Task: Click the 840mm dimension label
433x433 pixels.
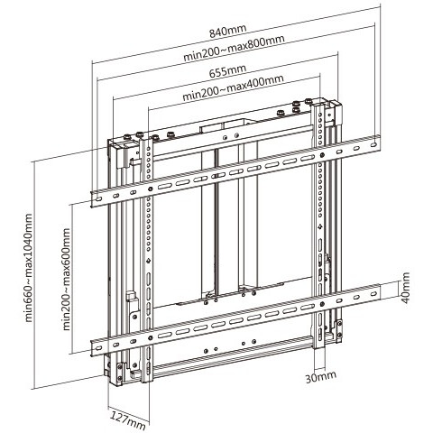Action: [x=228, y=31]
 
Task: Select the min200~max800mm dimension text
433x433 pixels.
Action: [x=234, y=48]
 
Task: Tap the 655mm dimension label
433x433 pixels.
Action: [x=227, y=71]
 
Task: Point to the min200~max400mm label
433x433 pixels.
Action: [x=233, y=88]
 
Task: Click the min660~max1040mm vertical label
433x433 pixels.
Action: [x=28, y=268]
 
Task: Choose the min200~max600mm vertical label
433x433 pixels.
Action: [x=66, y=279]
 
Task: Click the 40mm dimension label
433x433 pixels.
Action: [x=405, y=288]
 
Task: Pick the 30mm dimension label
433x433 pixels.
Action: [x=321, y=377]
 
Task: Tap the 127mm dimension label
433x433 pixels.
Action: [x=128, y=419]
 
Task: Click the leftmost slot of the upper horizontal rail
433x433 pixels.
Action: [x=98, y=198]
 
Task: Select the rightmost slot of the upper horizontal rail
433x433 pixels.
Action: [x=373, y=144]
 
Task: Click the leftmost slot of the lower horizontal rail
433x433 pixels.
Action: [x=98, y=348]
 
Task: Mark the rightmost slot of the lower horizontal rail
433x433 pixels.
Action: [x=373, y=294]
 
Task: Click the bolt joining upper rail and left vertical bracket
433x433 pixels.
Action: [x=151, y=189]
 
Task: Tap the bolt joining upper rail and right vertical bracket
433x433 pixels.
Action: [x=322, y=155]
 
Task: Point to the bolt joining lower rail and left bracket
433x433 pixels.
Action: [x=151, y=337]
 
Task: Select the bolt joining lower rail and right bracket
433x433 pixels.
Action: [x=322, y=304]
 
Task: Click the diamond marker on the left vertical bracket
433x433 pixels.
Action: [x=148, y=261]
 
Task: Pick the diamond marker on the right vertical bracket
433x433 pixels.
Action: [x=320, y=226]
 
